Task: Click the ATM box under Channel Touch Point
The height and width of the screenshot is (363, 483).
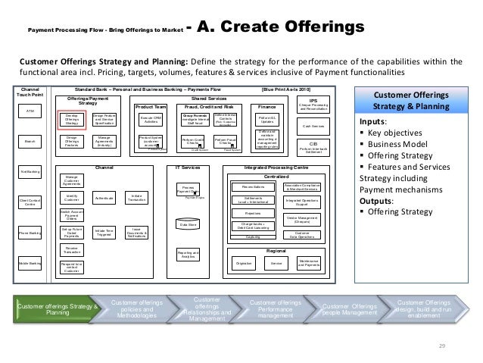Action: pos(31,111)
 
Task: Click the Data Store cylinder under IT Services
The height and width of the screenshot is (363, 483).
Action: pos(187,224)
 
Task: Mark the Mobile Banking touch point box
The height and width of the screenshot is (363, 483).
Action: pos(31,264)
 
